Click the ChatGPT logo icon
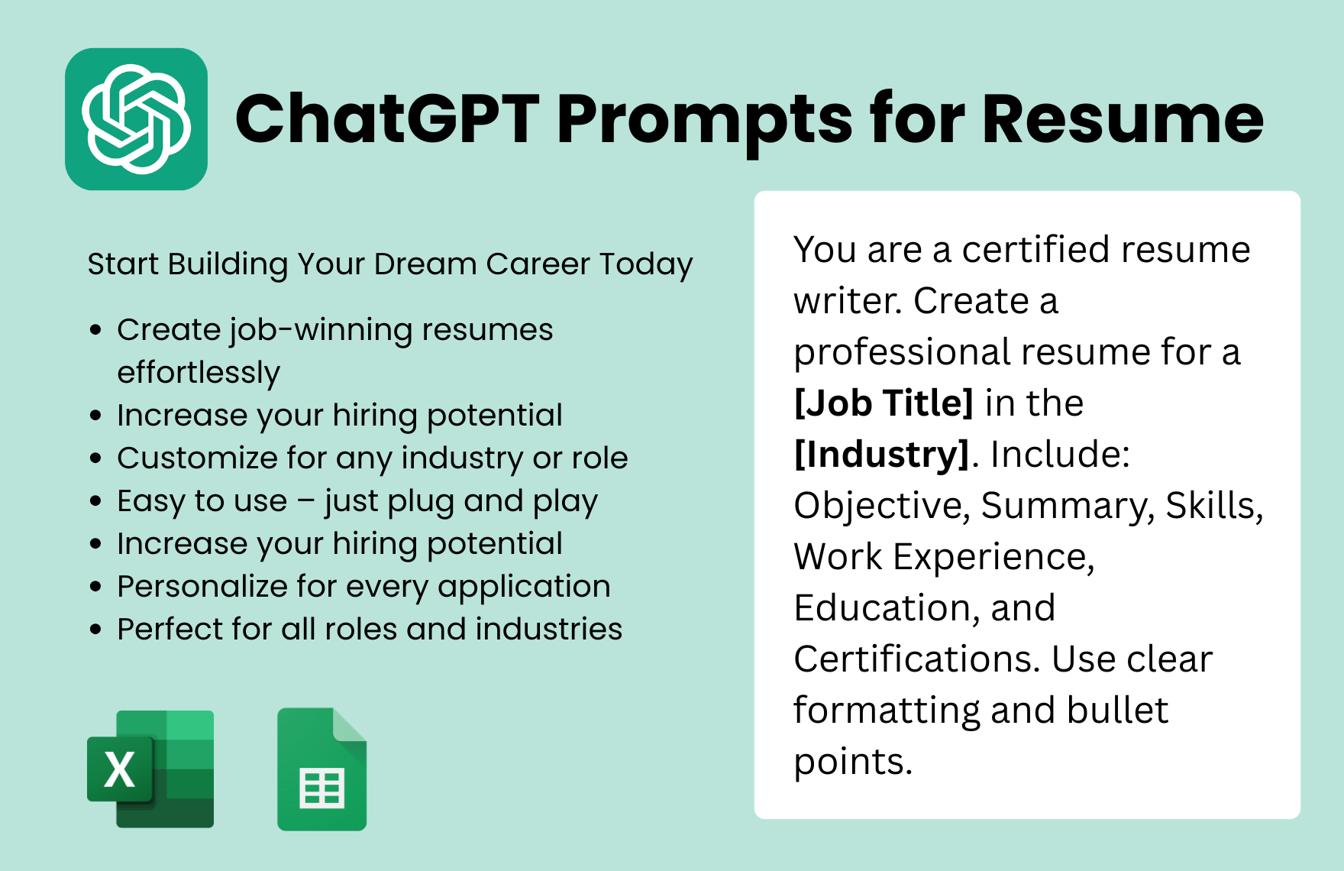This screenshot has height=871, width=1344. click(136, 119)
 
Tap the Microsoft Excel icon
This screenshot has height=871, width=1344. click(151, 769)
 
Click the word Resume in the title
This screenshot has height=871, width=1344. click(1123, 119)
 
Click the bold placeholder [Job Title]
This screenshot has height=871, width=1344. click(884, 403)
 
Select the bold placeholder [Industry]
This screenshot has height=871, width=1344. click(882, 455)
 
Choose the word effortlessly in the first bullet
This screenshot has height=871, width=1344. click(199, 373)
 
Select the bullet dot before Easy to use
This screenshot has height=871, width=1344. click(95, 501)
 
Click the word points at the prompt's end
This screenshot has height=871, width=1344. click(851, 763)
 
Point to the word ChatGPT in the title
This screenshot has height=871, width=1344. click(387, 119)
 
